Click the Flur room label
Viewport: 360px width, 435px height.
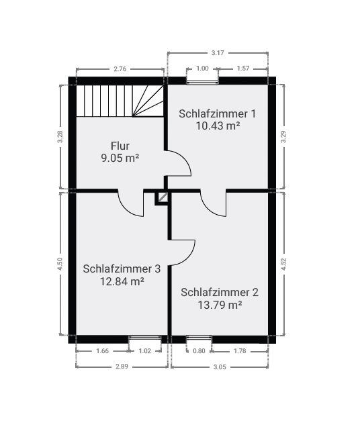(x=120, y=145)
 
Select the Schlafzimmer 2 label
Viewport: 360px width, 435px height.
(x=219, y=292)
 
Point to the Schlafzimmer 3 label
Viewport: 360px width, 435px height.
(x=122, y=269)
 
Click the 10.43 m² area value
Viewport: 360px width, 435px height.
(x=218, y=126)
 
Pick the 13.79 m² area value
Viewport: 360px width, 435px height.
(x=219, y=305)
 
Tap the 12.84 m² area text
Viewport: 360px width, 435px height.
(x=122, y=281)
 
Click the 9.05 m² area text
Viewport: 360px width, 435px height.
(x=120, y=158)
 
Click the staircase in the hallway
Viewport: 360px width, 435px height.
(x=119, y=100)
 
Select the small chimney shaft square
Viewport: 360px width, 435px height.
(x=162, y=197)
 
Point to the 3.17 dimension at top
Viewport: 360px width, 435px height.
(x=217, y=52)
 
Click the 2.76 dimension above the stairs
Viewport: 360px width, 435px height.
(x=120, y=68)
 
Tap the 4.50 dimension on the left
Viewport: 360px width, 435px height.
(x=60, y=264)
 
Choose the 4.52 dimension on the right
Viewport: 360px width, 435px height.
(x=283, y=264)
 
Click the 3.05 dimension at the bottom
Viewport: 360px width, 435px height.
(x=219, y=367)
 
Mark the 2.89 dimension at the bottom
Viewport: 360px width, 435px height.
(x=122, y=367)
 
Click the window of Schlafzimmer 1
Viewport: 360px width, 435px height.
(x=202, y=81)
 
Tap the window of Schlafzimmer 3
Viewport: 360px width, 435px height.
(x=144, y=338)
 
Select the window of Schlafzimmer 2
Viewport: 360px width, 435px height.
(x=199, y=338)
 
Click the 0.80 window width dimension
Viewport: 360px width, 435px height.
(x=199, y=350)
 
